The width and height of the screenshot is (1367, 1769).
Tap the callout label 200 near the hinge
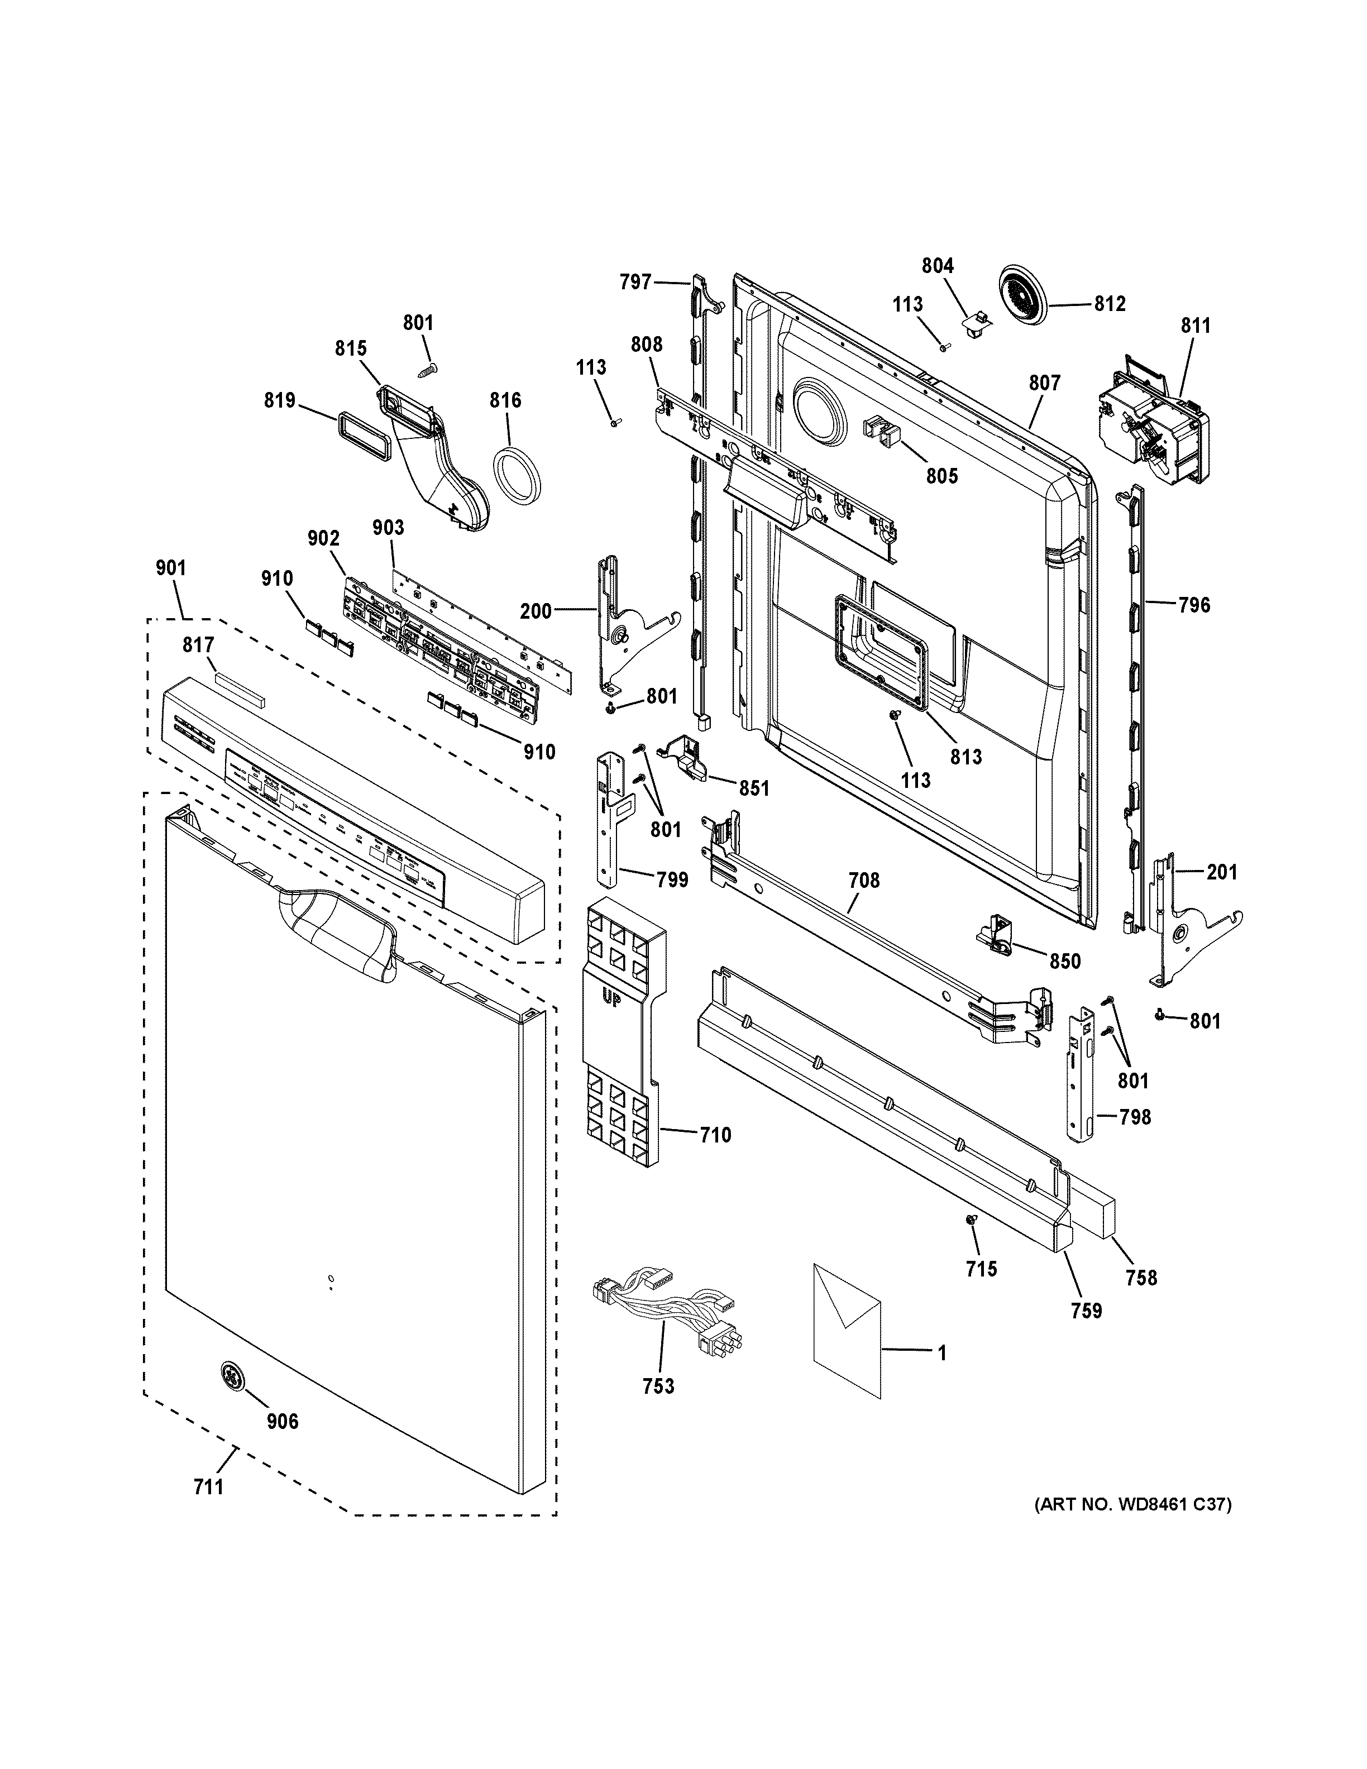536,611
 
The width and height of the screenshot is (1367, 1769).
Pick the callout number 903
388,527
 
